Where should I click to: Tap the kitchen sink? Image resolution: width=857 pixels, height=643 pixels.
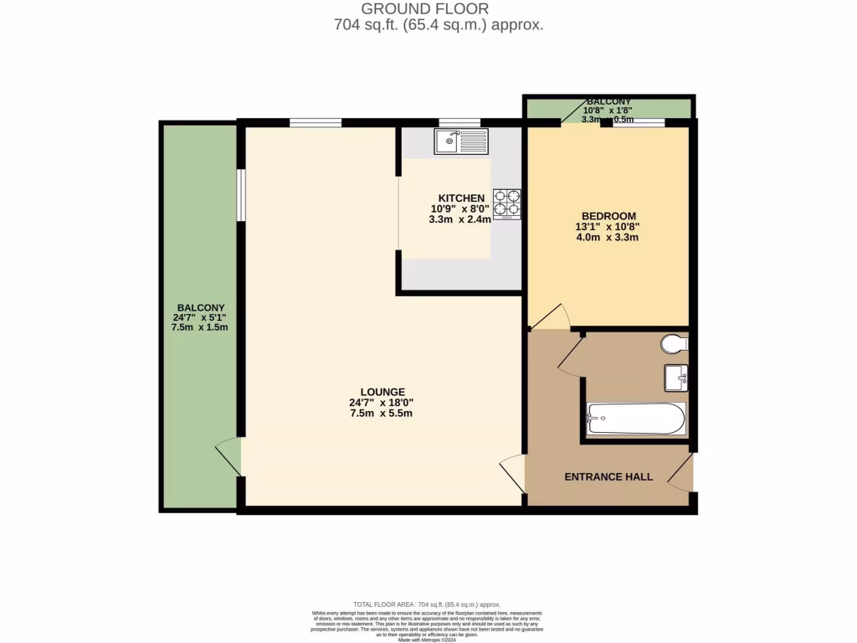click(460, 141)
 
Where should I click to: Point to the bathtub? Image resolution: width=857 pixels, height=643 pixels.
click(636, 418)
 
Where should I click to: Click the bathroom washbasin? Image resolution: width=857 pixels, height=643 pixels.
click(676, 378)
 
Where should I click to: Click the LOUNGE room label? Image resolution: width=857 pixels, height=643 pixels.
click(382, 392)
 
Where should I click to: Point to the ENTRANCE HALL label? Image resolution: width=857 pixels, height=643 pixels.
click(608, 477)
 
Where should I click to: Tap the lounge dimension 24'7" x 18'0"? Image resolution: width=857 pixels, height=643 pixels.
click(382, 403)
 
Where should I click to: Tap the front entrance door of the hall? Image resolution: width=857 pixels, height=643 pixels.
click(682, 473)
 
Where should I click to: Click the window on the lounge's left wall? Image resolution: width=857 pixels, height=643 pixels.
click(240, 196)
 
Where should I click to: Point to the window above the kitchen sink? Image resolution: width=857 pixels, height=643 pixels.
click(459, 123)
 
